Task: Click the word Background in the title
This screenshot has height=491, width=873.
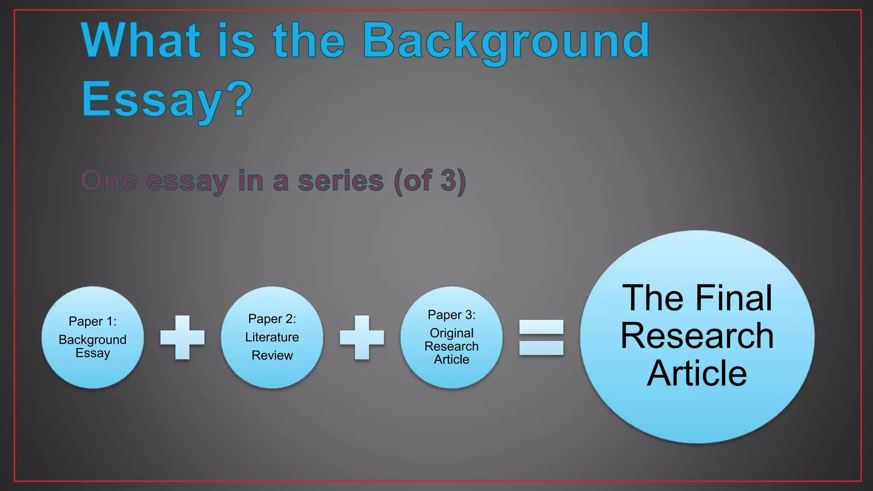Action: pos(506,41)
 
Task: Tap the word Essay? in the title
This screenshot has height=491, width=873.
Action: pos(167,100)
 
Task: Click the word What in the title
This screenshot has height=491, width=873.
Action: pos(141,41)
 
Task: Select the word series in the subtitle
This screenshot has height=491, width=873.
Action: pos(341,181)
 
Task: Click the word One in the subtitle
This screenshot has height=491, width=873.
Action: pos(109,181)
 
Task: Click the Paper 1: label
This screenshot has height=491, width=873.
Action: pos(93,321)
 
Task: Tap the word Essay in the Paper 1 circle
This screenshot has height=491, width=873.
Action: pos(93,353)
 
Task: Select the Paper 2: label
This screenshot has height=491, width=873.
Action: pos(272,319)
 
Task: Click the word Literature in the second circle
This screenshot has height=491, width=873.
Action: pos(272,337)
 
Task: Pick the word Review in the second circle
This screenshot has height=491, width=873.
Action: pos(272,355)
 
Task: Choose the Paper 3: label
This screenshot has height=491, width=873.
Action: pos(451,315)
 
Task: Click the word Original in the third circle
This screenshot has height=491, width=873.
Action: pos(451,333)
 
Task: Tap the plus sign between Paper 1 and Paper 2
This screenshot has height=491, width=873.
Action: pos(182,338)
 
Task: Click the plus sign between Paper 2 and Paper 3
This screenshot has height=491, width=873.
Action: pos(362,338)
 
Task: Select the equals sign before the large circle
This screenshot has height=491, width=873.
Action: pos(541,338)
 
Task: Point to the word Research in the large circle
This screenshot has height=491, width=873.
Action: pos(697,336)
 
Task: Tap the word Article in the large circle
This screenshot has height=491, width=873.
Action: pos(697,373)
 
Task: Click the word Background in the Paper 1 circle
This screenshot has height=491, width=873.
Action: pos(93,340)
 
